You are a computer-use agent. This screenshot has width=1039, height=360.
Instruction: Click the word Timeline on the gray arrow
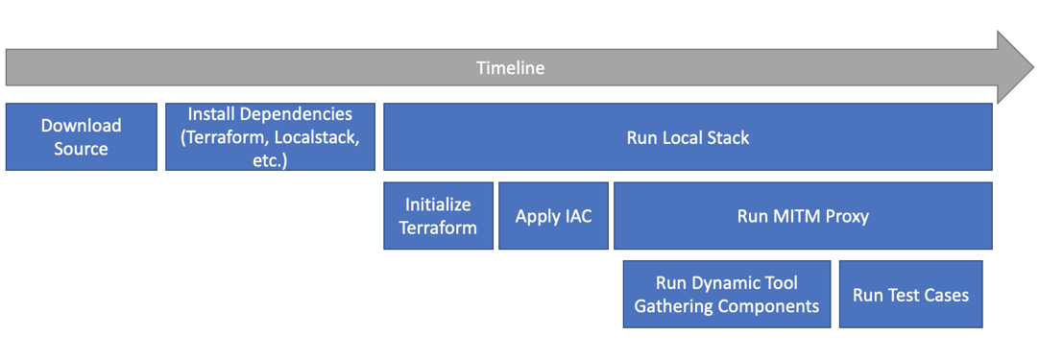point(510,67)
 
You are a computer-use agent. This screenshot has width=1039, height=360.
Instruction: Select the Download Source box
point(82,136)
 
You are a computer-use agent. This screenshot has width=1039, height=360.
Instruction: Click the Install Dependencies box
point(271,136)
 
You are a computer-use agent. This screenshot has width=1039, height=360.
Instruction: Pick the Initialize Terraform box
point(438,215)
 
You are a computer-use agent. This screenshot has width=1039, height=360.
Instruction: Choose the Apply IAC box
point(553,215)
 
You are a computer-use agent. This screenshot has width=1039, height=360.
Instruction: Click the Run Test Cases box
point(910,295)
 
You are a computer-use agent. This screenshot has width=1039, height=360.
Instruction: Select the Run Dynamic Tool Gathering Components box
point(727,295)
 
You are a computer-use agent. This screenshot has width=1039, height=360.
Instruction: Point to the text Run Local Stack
point(688,137)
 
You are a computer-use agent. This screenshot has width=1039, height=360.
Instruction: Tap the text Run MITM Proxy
point(803,216)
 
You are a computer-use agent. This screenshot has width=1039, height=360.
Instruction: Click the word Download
point(82,126)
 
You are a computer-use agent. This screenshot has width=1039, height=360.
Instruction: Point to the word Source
point(82,149)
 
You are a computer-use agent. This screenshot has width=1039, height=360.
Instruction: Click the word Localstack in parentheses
point(322,137)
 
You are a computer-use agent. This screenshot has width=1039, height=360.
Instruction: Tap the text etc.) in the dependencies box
point(270,161)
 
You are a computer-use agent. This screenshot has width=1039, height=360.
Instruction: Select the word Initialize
point(438,204)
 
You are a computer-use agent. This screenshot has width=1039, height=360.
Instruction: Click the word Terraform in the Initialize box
point(438,228)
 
